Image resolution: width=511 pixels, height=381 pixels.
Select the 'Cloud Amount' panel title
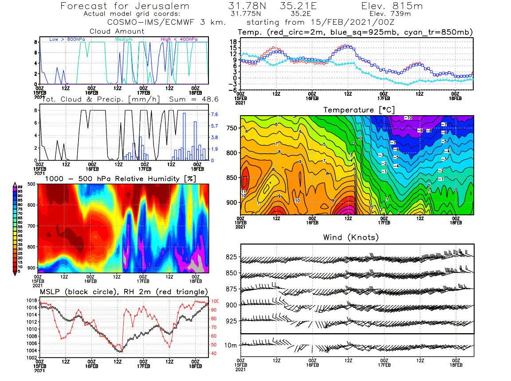[x=117, y=31]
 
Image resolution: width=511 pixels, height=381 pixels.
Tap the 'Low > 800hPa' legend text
[x=67, y=40]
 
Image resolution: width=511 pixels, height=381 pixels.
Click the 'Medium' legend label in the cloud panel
[x=124, y=40]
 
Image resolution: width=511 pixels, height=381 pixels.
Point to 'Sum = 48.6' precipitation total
[x=188, y=100]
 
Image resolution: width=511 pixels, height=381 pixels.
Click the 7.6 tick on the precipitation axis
[x=213, y=114]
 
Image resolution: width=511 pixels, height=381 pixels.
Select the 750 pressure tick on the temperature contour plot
[x=232, y=128]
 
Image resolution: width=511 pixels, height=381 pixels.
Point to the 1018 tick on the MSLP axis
[x=31, y=300]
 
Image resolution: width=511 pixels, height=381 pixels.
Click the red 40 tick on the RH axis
[x=213, y=354]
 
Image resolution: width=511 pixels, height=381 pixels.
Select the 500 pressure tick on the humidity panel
[x=31, y=183]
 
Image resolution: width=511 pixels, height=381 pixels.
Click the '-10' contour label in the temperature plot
[x=409, y=118]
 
